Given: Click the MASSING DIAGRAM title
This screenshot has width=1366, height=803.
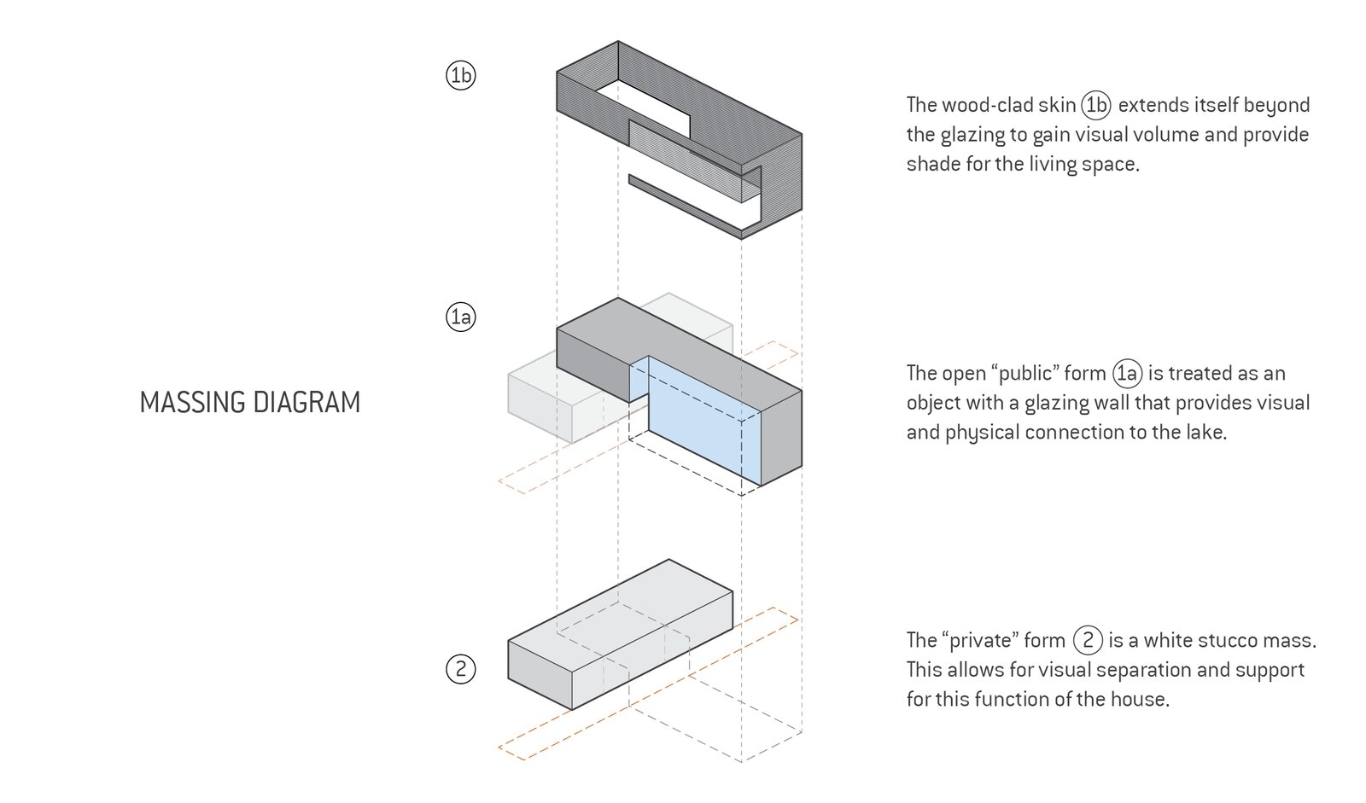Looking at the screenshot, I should [x=249, y=402].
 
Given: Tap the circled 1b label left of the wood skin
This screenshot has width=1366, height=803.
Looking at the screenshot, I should [x=460, y=76].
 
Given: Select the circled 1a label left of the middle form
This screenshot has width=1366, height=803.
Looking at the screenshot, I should [x=460, y=317].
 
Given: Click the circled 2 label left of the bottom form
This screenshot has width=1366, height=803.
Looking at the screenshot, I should [x=460, y=669].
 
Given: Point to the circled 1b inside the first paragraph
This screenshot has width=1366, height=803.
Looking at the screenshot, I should [x=1095, y=105].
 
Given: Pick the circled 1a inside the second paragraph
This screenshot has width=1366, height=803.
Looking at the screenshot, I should [x=1127, y=373].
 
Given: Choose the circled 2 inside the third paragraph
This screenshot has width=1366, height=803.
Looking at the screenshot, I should [x=1087, y=640].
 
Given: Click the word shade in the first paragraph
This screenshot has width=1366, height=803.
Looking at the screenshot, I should [x=933, y=164].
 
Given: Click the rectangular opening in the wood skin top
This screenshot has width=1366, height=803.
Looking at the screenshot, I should [x=644, y=107].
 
